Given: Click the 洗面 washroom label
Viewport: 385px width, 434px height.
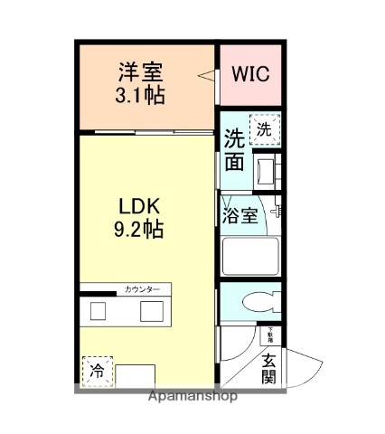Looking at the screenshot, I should (x=233, y=150).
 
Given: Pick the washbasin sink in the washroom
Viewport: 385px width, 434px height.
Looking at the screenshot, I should (x=266, y=168).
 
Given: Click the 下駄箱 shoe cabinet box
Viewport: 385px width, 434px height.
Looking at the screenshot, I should (x=269, y=335).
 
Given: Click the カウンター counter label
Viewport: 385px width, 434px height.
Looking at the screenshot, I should (x=142, y=289).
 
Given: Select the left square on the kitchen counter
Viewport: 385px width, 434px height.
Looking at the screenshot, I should (x=99, y=311).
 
